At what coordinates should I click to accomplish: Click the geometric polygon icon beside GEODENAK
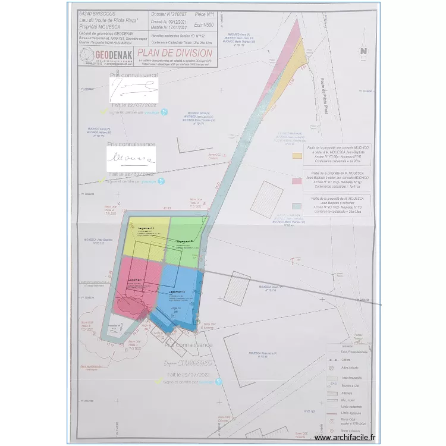(87, 56)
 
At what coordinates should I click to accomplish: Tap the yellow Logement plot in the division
(146, 238)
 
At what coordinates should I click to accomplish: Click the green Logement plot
(186, 244)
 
